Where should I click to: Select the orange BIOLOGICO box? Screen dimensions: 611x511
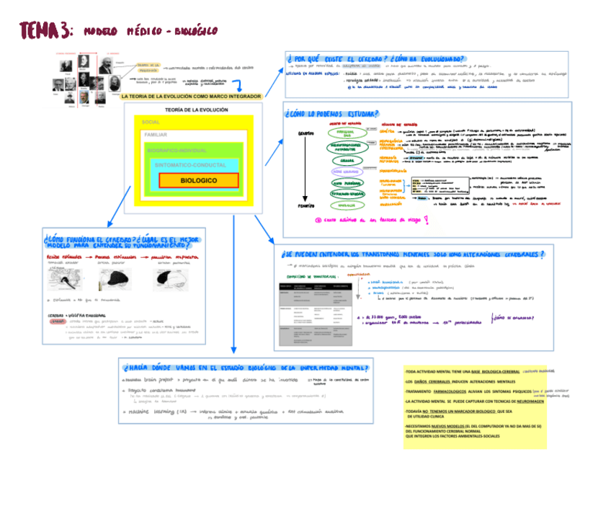pyautogui.click(x=198, y=180)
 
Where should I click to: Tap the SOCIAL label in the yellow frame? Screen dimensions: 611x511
pyautogui.click(x=151, y=122)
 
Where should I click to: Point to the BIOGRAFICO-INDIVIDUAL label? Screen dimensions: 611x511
pyautogui.click(x=177, y=151)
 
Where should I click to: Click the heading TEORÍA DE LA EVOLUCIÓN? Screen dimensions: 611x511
pyautogui.click(x=196, y=110)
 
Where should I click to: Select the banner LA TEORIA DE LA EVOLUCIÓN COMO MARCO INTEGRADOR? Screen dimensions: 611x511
pyautogui.click(x=192, y=96)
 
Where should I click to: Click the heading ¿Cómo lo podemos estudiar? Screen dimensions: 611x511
pyautogui.click(x=332, y=113)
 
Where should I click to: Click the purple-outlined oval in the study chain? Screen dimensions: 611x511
pyautogui.click(x=347, y=172)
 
